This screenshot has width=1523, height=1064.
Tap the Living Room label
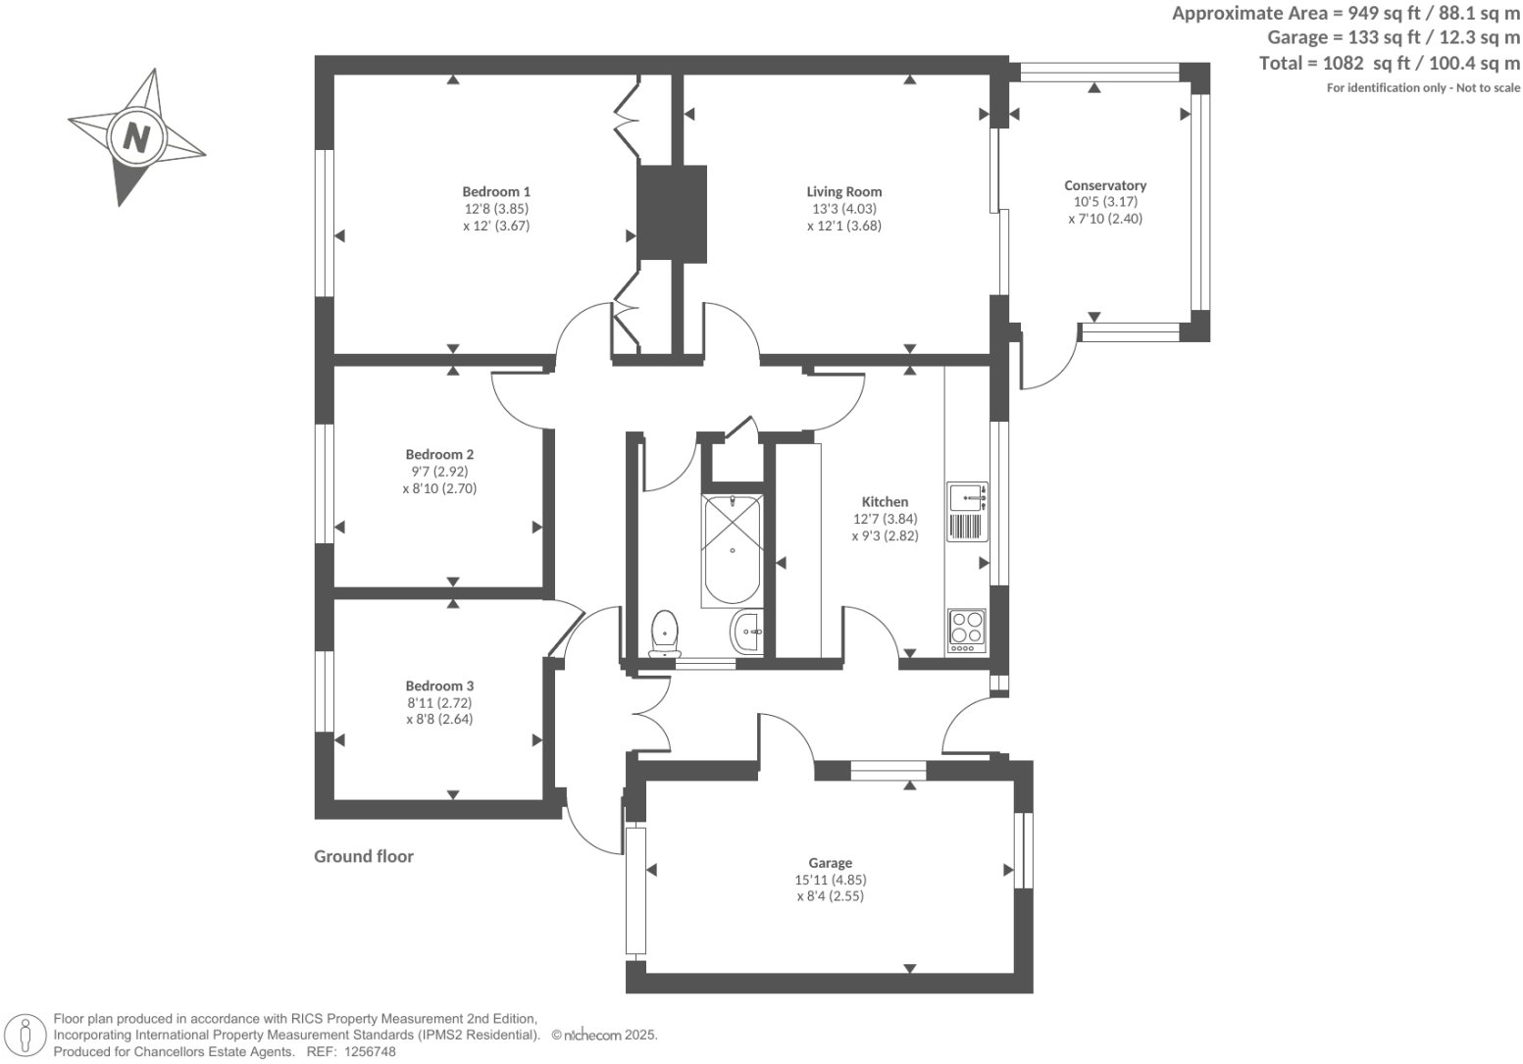843,192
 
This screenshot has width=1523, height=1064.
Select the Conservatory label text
1105,185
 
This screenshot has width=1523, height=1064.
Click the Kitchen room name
885,502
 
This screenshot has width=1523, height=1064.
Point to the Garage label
830,863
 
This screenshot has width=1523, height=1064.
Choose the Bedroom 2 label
439,455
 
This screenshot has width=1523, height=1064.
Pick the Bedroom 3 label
439,686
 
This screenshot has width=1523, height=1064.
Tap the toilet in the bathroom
665,633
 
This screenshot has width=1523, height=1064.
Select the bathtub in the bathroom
732,549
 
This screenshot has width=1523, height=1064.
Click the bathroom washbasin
747,632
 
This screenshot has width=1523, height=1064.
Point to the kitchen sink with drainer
967,511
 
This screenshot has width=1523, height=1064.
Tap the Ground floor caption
364,856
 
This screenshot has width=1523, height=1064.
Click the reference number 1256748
367,1051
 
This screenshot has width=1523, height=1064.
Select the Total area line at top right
1389,63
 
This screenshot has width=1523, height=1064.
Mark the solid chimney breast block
672,213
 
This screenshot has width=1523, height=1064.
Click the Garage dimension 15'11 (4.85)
831,880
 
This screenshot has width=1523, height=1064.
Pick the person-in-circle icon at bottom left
25,1035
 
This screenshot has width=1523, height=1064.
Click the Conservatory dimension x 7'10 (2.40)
1105,219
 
